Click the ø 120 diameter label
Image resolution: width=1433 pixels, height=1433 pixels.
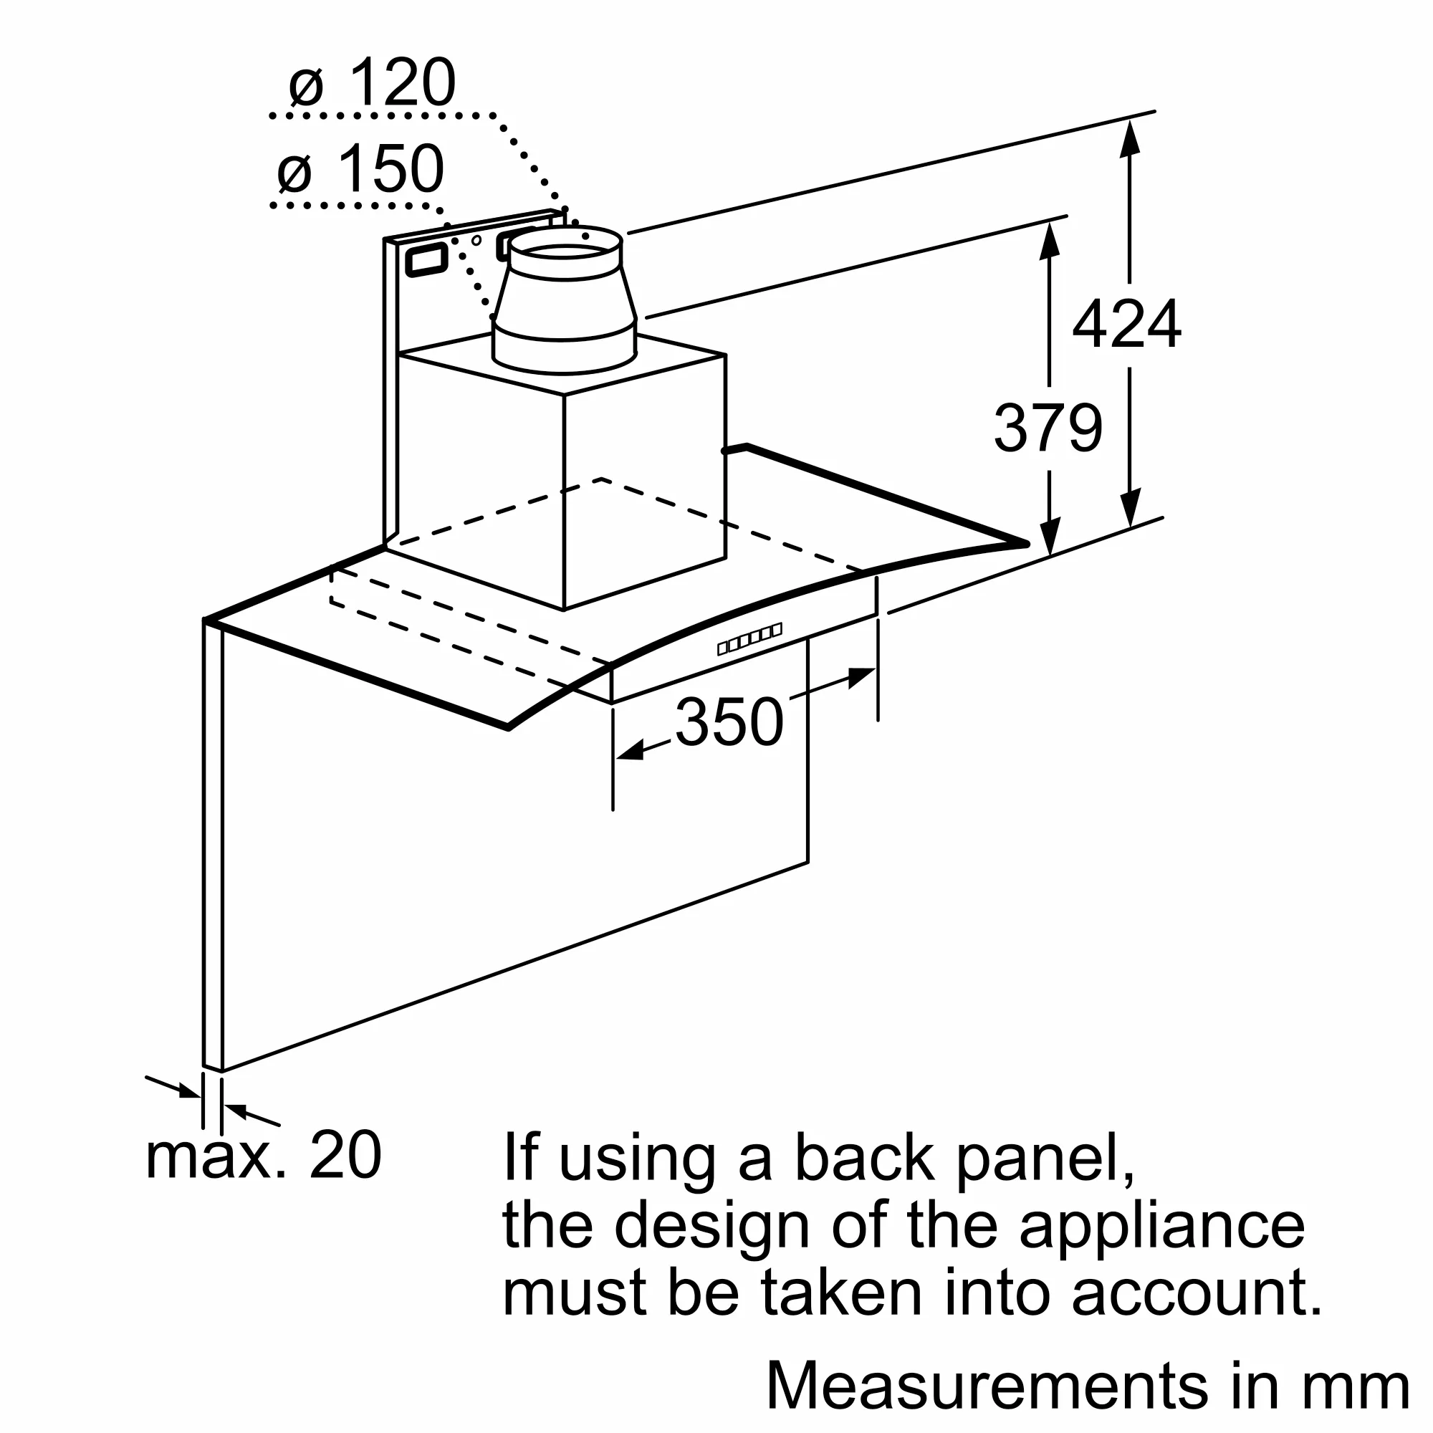373,83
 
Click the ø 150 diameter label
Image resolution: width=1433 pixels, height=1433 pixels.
361,171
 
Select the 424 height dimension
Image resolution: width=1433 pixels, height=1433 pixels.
1126,325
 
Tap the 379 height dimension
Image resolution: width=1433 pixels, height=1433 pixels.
1048,428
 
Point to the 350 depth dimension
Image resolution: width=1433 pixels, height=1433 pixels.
729,722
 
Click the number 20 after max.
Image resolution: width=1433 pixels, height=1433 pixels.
345,1155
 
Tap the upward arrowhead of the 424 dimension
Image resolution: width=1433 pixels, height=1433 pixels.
1130,138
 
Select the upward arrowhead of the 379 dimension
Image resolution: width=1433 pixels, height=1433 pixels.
1049,240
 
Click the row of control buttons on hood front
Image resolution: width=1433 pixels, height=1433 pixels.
750,638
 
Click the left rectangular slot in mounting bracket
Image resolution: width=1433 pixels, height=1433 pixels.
426,259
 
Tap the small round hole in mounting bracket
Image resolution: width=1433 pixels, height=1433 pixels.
476,240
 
